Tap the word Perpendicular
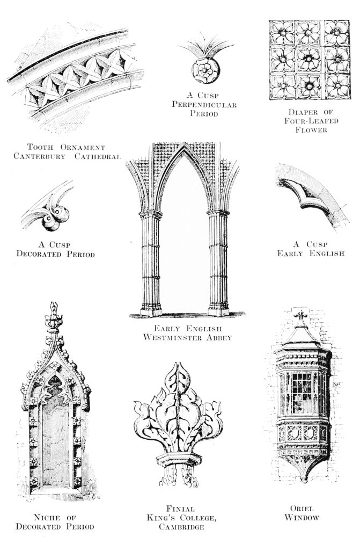pos(204,105)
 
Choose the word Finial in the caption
pos(181,509)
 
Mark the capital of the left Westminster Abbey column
pos(151,214)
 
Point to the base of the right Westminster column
pos(218,310)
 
